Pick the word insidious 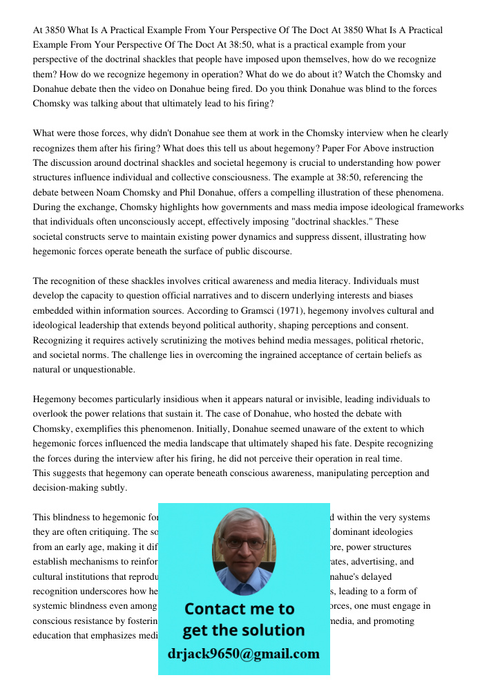[x=184, y=399]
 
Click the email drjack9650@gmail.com [x=243, y=654]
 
